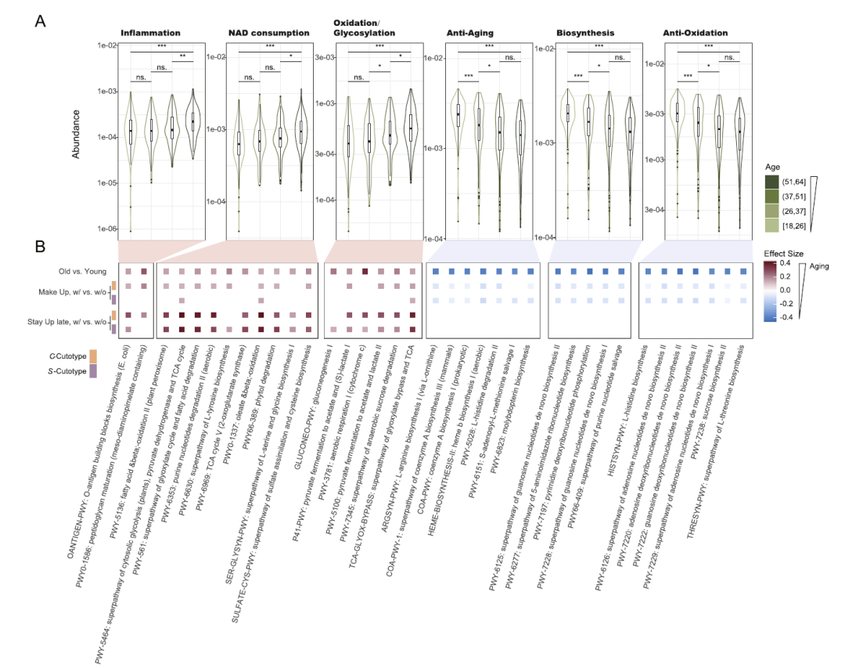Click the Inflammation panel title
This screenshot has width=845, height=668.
(x=150, y=33)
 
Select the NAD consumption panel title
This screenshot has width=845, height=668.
(x=268, y=33)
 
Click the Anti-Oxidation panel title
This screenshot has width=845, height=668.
(x=695, y=33)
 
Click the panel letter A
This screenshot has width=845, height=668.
(x=40, y=21)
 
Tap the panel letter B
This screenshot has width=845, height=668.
(x=40, y=247)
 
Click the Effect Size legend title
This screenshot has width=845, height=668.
(x=783, y=254)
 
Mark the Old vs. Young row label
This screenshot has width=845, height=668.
(x=88, y=271)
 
